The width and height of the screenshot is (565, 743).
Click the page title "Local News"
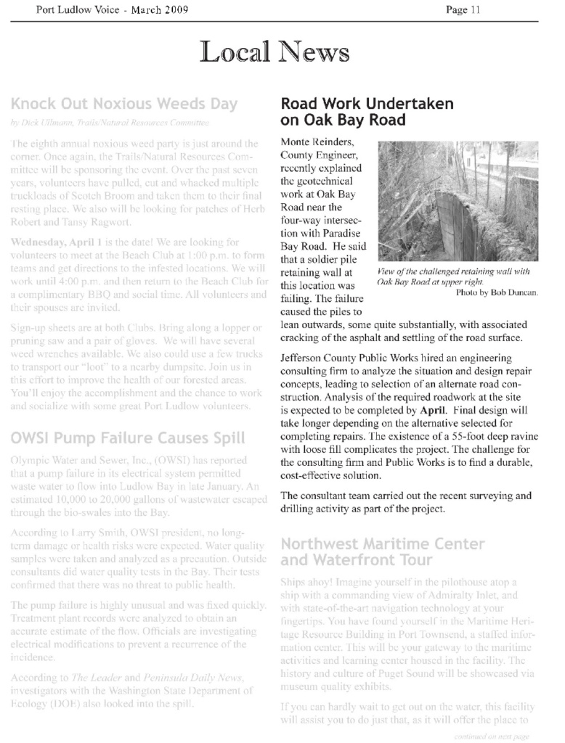(x=275, y=53)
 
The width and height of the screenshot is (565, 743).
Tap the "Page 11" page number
(x=464, y=9)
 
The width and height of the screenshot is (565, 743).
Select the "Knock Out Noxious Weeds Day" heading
(x=124, y=104)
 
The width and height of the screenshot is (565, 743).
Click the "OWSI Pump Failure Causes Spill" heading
(x=128, y=438)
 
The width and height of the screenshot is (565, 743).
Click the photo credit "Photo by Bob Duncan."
(x=497, y=292)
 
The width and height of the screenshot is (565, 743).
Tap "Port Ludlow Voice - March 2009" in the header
(x=113, y=9)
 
